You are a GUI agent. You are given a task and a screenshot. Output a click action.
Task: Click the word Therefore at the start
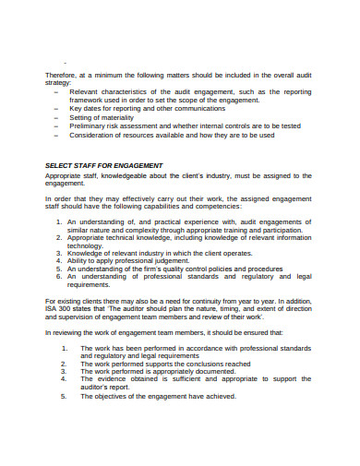pos(61,74)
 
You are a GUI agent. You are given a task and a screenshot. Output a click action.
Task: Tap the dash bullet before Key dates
pos(57,108)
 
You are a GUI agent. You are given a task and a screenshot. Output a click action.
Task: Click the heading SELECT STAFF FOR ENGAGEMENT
pos(102,165)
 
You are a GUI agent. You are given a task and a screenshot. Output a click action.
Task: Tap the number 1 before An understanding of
pos(59,222)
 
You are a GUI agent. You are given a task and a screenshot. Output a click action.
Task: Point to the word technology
pos(90,247)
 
